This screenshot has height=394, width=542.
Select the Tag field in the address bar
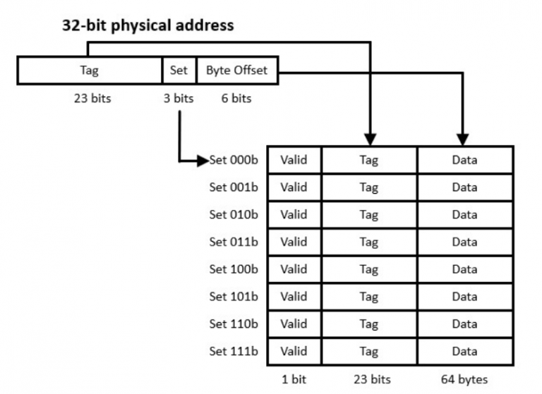tap(90, 70)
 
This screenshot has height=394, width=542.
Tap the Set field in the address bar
tap(179, 70)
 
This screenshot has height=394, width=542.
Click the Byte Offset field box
tap(237, 70)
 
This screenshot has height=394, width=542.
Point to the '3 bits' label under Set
tap(178, 99)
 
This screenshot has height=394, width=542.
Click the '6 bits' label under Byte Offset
tap(236, 99)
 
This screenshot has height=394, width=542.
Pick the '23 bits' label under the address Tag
tap(92, 99)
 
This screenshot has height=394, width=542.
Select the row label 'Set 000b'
tap(234, 160)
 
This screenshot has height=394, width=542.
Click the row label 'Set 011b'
tap(234, 242)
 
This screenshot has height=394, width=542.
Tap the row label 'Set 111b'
tap(234, 351)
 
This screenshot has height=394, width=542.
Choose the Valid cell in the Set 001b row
tap(294, 187)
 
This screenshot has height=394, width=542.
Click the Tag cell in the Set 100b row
tap(368, 269)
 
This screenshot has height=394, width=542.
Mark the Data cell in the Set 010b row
tap(464, 215)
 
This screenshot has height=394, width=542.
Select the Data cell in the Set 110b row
tap(464, 324)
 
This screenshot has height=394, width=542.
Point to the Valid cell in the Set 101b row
tap(294, 297)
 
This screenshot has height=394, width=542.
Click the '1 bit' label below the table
tap(294, 380)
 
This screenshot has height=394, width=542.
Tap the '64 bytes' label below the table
tap(464, 380)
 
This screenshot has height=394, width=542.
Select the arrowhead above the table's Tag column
tap(370, 139)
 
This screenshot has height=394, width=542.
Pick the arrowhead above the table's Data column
tap(464, 139)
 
